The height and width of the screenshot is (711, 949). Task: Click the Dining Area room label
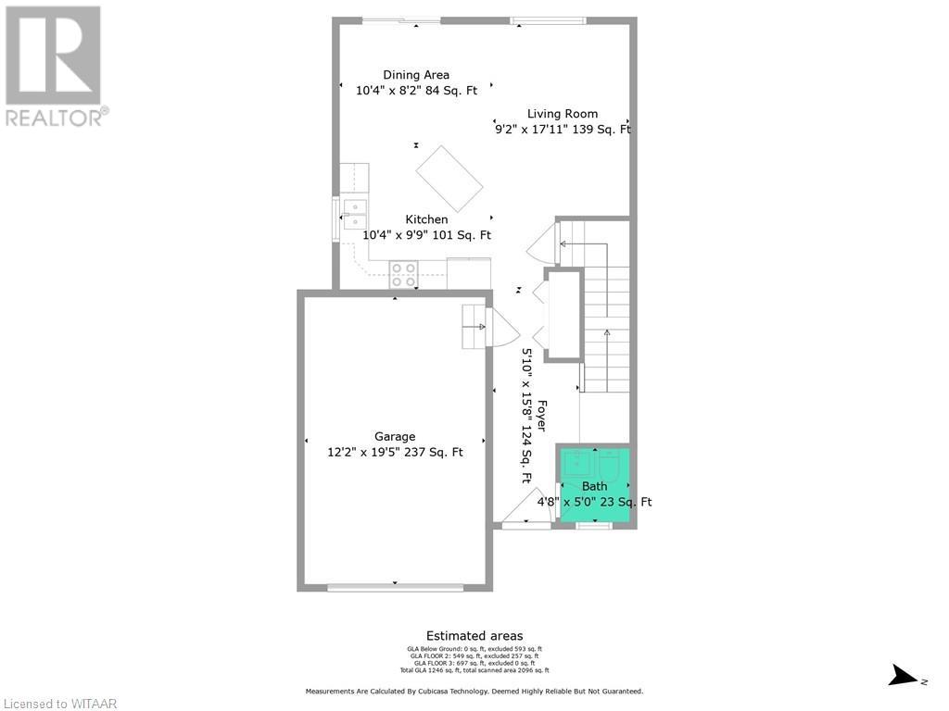point(416,75)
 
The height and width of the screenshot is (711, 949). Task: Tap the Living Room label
point(563,114)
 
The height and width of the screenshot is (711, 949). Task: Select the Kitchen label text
point(426,219)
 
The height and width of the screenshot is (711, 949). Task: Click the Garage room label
point(395,437)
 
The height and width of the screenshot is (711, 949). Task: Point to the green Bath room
point(595,485)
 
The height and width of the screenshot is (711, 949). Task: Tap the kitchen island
point(449,178)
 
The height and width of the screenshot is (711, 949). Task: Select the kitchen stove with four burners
point(404,274)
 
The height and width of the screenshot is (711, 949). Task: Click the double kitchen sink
point(354,214)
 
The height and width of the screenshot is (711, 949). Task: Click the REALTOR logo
point(55,66)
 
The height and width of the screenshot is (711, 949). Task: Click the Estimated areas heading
point(474,636)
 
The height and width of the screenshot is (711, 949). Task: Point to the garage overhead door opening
point(395,587)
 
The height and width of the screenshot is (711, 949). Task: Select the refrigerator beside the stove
point(470,274)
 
